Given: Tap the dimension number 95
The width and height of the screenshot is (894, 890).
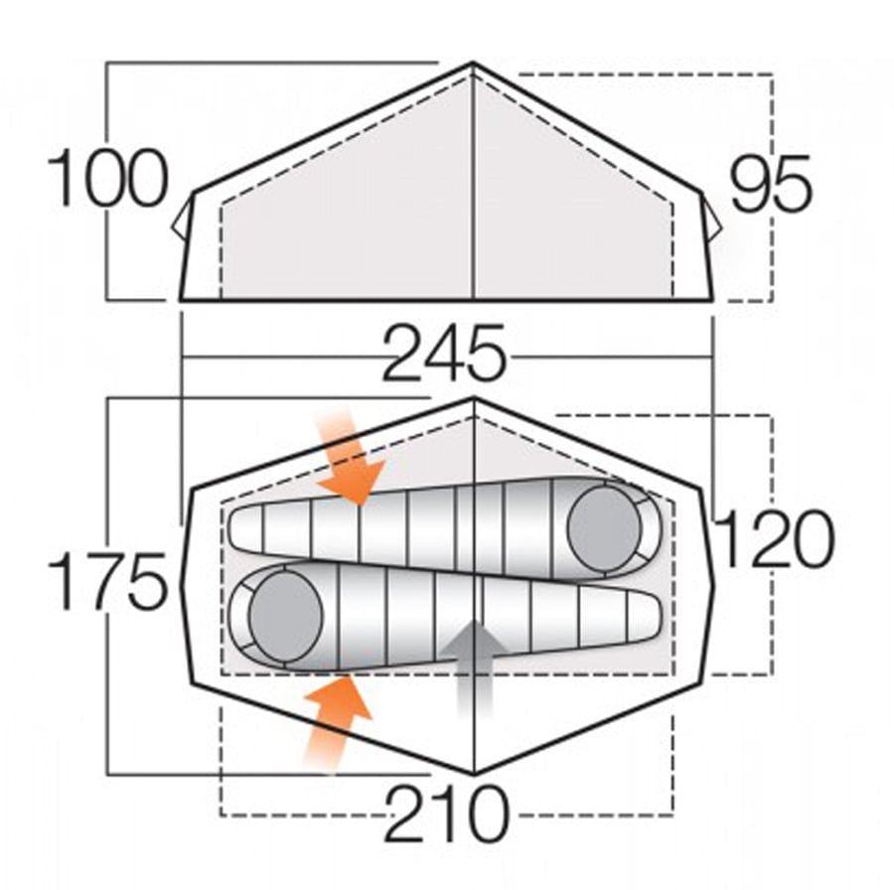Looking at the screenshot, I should click(x=771, y=185).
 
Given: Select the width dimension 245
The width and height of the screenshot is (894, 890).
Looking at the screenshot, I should click(x=444, y=355).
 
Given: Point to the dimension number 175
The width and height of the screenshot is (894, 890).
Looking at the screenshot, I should click(x=107, y=582).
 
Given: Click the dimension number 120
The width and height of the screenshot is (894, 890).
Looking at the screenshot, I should click(x=774, y=539).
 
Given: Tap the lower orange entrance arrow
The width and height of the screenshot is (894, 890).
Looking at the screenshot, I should click(x=336, y=720).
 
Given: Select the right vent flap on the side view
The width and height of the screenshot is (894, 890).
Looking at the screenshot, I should click(x=711, y=217).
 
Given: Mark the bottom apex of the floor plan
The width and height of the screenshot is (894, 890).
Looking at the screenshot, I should click(x=473, y=772).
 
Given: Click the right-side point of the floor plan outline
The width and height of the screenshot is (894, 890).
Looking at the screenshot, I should click(x=715, y=586).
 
